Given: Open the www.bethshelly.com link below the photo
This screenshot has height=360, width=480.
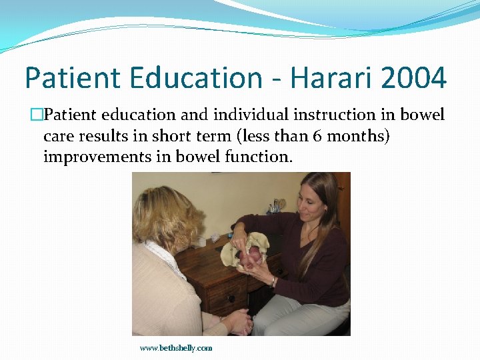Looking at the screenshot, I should pos(176,348).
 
